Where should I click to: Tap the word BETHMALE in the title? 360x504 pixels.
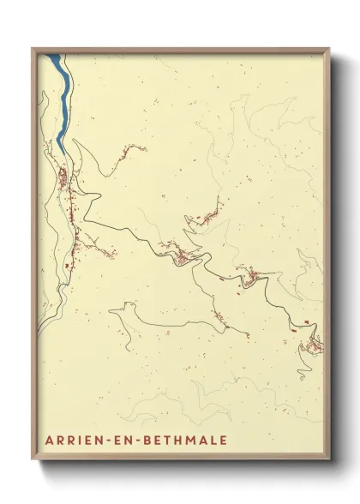(183, 442)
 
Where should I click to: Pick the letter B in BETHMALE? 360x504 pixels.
(143, 442)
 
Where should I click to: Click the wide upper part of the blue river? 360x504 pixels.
(58, 69)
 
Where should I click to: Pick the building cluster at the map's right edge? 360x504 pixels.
(316, 345)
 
